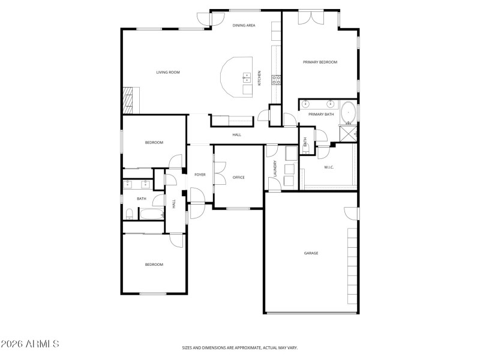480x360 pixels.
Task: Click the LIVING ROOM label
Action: tap(168, 73)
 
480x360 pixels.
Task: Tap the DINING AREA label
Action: tap(244, 25)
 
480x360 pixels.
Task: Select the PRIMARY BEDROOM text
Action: tap(320, 62)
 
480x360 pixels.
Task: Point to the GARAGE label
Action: tap(311, 253)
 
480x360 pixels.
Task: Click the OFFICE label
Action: tap(238, 177)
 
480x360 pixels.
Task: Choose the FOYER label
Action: tap(200, 175)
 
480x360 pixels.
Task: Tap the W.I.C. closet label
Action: tap(329, 167)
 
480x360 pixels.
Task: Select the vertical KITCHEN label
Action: tap(259, 78)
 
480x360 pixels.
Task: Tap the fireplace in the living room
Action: tap(128, 100)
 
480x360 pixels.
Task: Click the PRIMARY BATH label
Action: tap(321, 114)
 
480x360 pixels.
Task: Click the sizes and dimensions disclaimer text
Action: tap(240, 347)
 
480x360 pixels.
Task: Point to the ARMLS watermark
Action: tap(30, 344)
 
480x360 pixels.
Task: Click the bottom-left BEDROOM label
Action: tap(154, 264)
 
